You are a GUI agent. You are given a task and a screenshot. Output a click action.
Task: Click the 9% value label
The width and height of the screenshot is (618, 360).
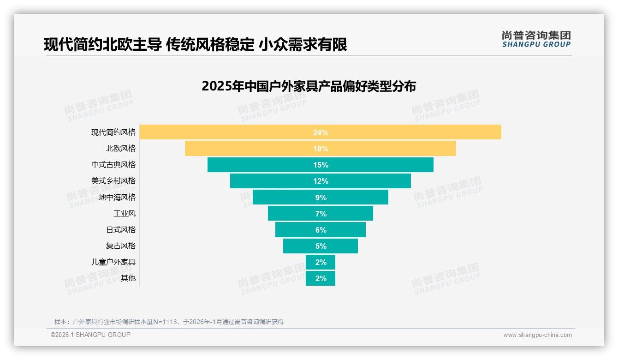(x=321, y=198)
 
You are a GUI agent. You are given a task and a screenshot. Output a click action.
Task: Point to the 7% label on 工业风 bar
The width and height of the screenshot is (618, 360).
(x=321, y=214)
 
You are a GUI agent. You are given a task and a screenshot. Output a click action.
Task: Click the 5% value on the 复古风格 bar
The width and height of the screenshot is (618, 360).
(x=321, y=246)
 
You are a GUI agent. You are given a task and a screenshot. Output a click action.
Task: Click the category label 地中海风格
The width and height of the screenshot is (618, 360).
(x=117, y=197)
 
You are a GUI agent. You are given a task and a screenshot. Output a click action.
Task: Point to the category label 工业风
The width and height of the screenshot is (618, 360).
(x=125, y=213)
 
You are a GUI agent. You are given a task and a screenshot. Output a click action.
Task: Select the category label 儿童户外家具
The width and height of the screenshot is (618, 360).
(x=113, y=262)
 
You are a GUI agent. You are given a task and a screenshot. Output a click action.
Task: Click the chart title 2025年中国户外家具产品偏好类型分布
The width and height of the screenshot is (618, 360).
(x=309, y=86)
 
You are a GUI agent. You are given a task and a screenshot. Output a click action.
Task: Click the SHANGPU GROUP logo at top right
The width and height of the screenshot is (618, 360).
(x=536, y=39)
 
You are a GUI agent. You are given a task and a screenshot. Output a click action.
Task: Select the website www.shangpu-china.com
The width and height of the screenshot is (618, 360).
(x=537, y=335)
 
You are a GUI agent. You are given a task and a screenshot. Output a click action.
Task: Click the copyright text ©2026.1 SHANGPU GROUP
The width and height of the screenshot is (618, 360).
(x=90, y=335)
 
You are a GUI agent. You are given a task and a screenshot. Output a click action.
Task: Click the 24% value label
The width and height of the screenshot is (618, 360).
(x=321, y=132)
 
